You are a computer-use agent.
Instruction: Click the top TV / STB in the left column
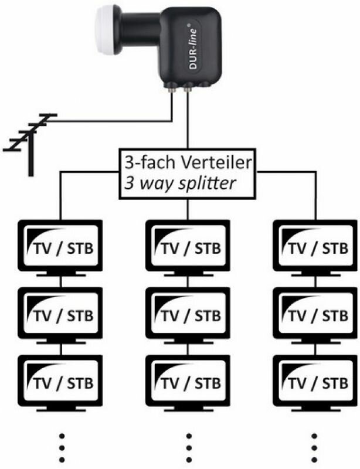60,246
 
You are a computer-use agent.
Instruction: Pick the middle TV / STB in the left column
60,313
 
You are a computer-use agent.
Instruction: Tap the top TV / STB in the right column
314,246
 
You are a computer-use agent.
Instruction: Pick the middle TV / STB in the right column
314,313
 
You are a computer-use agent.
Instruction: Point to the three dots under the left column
60,448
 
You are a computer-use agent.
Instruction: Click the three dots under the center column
189,448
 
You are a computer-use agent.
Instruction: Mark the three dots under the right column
314,448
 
